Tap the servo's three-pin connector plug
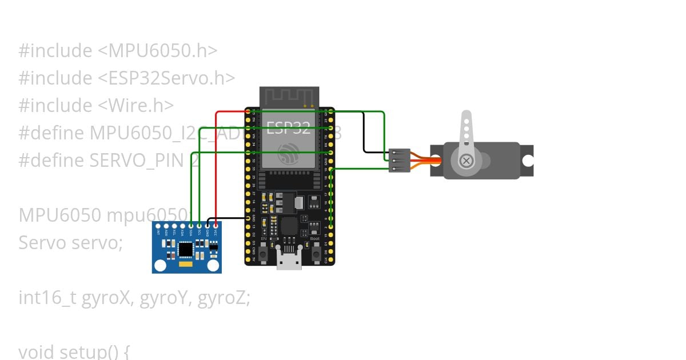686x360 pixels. click(399, 161)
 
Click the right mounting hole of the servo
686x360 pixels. click(527, 161)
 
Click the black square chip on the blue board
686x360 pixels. click(186, 249)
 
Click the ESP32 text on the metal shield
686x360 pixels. click(289, 127)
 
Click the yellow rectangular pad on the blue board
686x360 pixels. click(185, 266)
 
